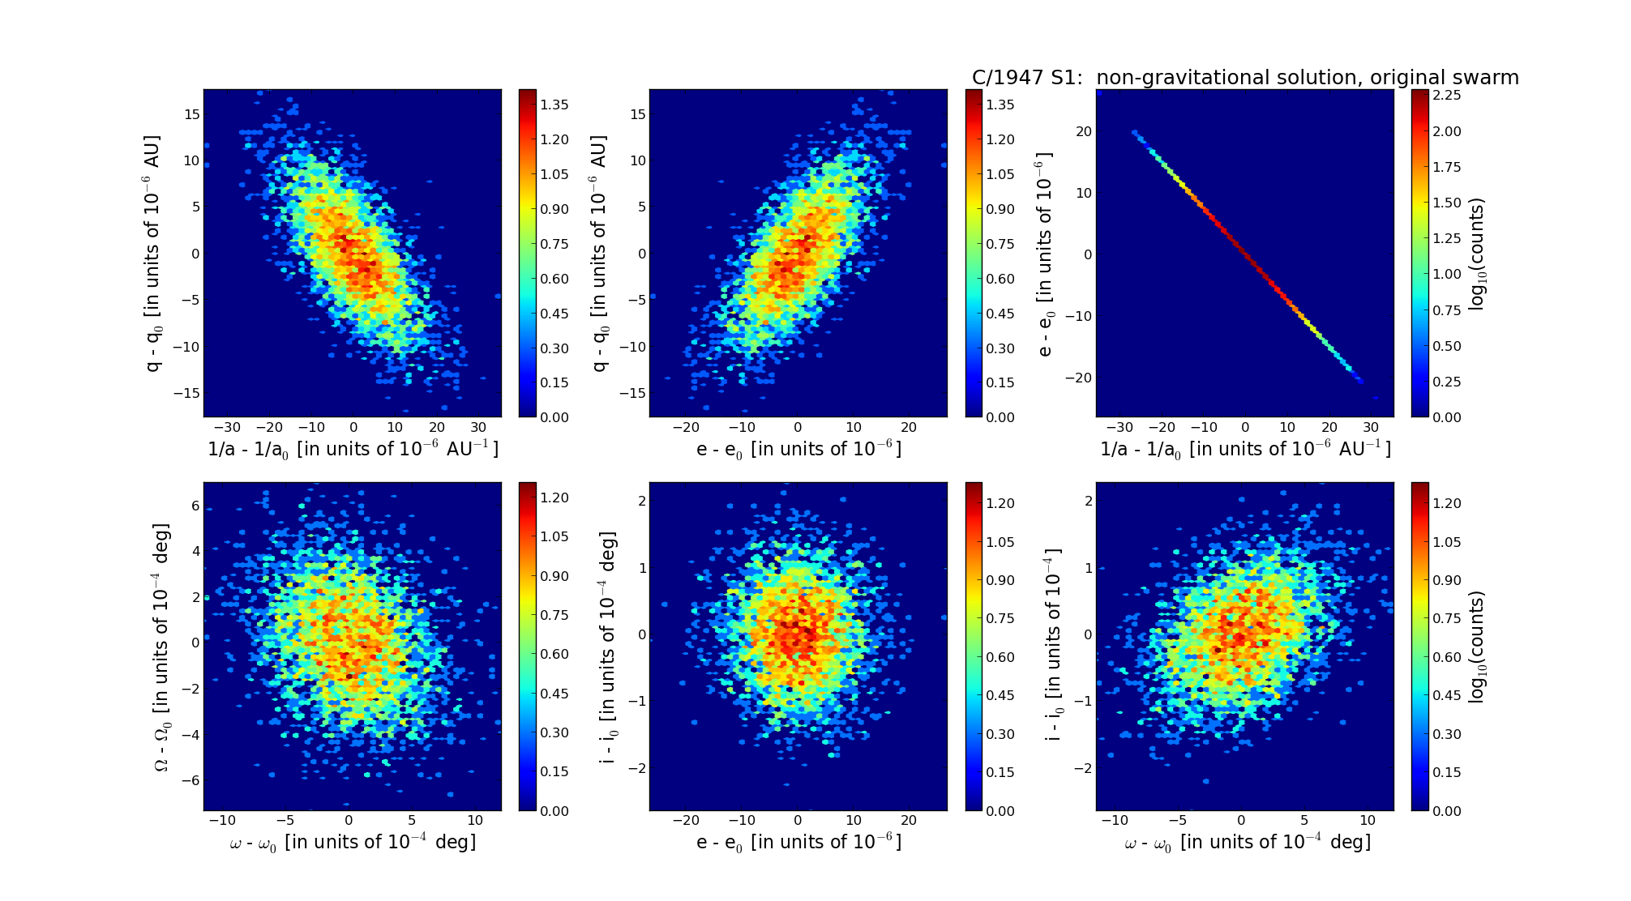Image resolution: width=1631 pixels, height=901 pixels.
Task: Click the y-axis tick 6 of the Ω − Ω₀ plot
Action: pos(195,506)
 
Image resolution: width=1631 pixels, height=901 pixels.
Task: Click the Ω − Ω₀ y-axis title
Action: pos(163,647)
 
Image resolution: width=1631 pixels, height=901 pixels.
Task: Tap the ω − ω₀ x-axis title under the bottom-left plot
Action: pos(353,843)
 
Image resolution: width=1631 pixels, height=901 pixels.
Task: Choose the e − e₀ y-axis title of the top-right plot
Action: pos(1045,254)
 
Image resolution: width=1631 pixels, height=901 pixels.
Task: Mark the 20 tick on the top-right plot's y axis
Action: pos(1083,131)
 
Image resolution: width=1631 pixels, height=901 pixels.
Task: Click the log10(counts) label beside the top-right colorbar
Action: pos(1477,254)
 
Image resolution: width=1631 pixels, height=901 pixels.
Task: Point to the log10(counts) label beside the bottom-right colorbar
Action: pos(1477,647)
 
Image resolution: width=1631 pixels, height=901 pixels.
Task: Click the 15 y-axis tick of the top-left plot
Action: pos(191,114)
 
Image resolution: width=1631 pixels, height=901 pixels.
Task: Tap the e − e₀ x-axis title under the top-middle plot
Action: pos(798,450)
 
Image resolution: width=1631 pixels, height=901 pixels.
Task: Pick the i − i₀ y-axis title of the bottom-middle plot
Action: pos(608,647)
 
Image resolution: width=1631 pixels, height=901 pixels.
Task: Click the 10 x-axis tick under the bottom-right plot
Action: pos(1368,821)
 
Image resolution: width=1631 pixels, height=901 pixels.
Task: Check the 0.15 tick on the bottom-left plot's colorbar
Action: pos(554,771)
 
